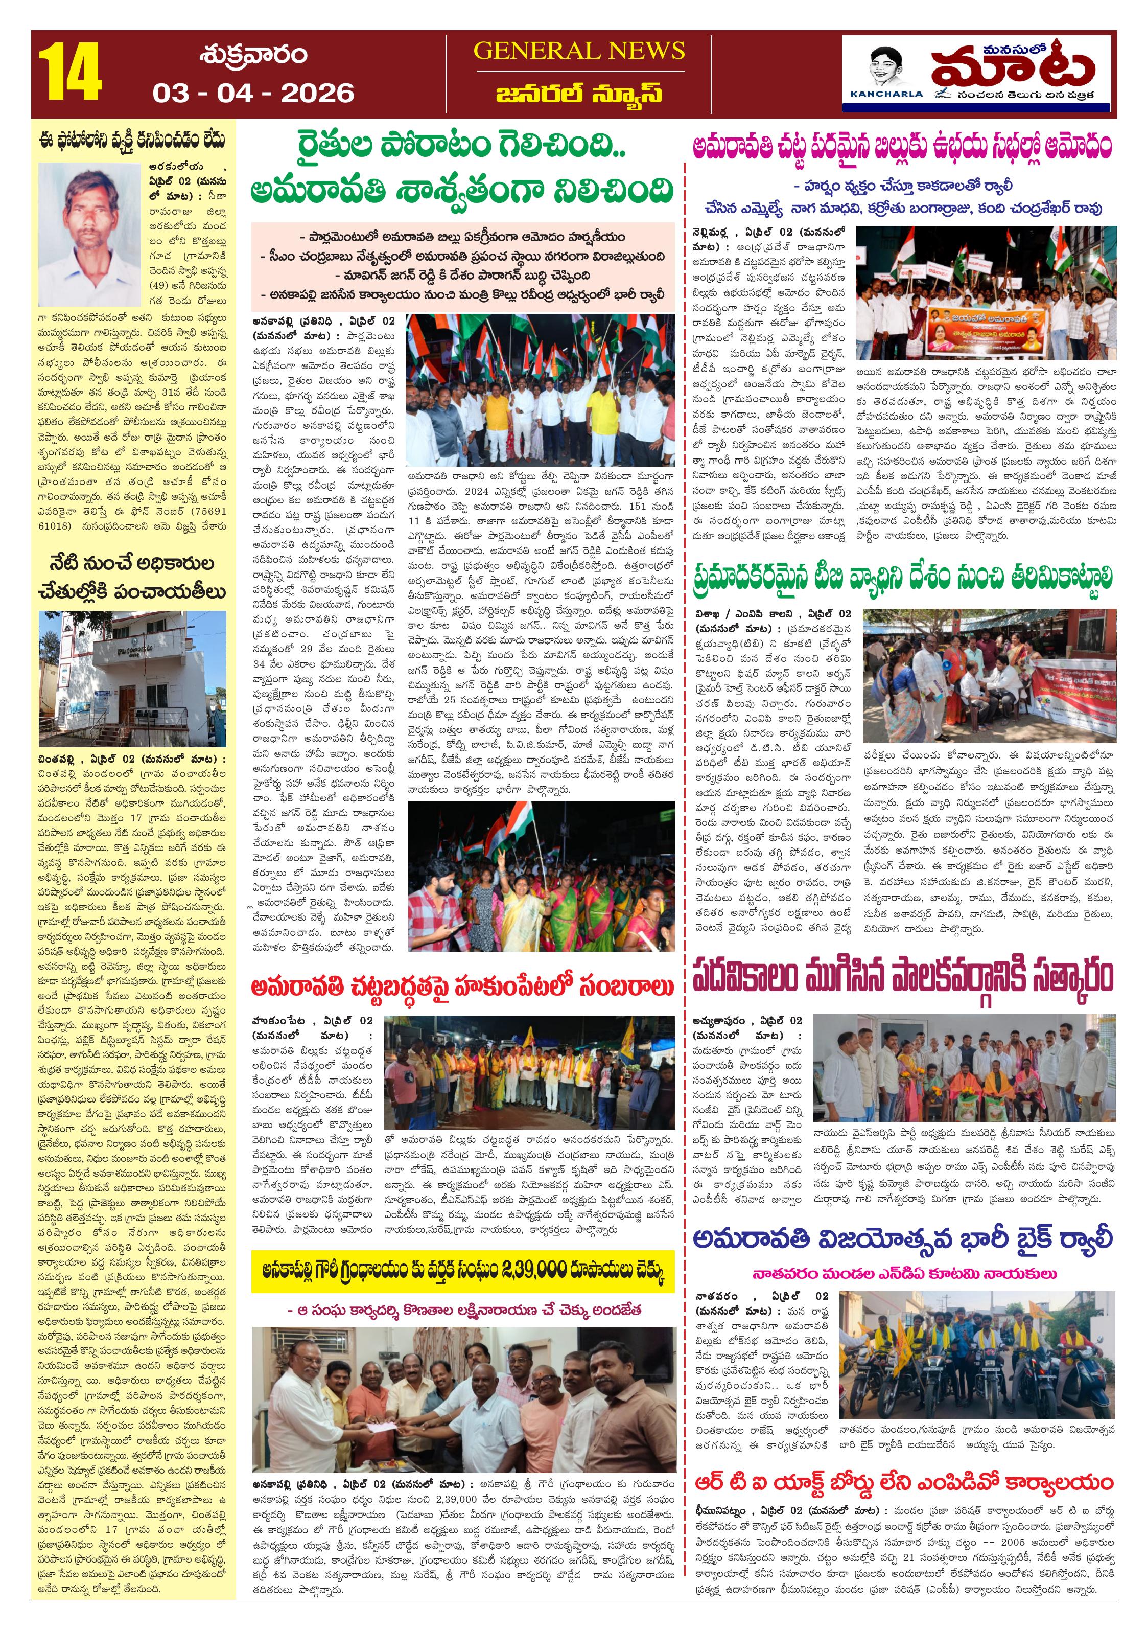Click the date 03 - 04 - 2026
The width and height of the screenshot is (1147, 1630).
tap(253, 93)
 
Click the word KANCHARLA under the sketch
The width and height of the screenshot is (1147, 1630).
tap(886, 94)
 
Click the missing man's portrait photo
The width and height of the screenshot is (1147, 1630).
tap(90, 234)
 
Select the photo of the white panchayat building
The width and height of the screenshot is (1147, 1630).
tap(132, 677)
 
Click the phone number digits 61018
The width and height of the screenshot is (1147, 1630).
tap(54, 526)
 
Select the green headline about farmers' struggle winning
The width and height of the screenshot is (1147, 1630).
tap(461, 169)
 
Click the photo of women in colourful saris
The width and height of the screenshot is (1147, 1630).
tap(542, 877)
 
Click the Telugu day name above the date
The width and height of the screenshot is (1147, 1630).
tap(253, 55)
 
